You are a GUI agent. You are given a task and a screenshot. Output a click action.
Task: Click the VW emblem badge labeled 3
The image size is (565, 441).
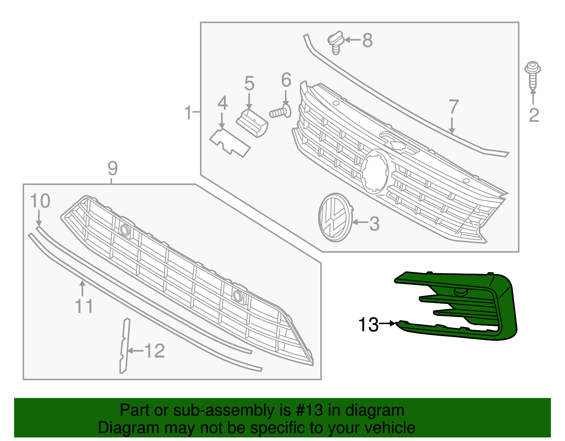[x=335, y=217]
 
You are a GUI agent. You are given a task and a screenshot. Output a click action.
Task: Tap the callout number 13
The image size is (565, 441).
[x=368, y=324]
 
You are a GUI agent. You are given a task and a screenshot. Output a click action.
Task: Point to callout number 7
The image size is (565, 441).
[x=453, y=107]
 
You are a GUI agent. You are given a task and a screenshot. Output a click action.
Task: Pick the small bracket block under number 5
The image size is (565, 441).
[x=252, y=123]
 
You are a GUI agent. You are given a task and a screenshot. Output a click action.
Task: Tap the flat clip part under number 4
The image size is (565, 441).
[x=230, y=143]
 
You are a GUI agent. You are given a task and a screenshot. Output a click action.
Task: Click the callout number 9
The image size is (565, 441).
[x=112, y=169]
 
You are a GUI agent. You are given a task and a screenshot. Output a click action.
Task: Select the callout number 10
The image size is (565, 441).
[x=40, y=201]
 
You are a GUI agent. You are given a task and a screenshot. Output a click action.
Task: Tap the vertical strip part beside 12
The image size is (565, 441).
[x=124, y=346]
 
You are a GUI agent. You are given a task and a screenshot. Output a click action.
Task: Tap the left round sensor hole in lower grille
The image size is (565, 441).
[x=124, y=230]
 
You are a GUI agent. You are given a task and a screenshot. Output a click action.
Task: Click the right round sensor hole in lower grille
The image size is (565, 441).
[x=237, y=296]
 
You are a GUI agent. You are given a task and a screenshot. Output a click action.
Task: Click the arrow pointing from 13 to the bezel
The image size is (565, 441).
[x=388, y=323]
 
